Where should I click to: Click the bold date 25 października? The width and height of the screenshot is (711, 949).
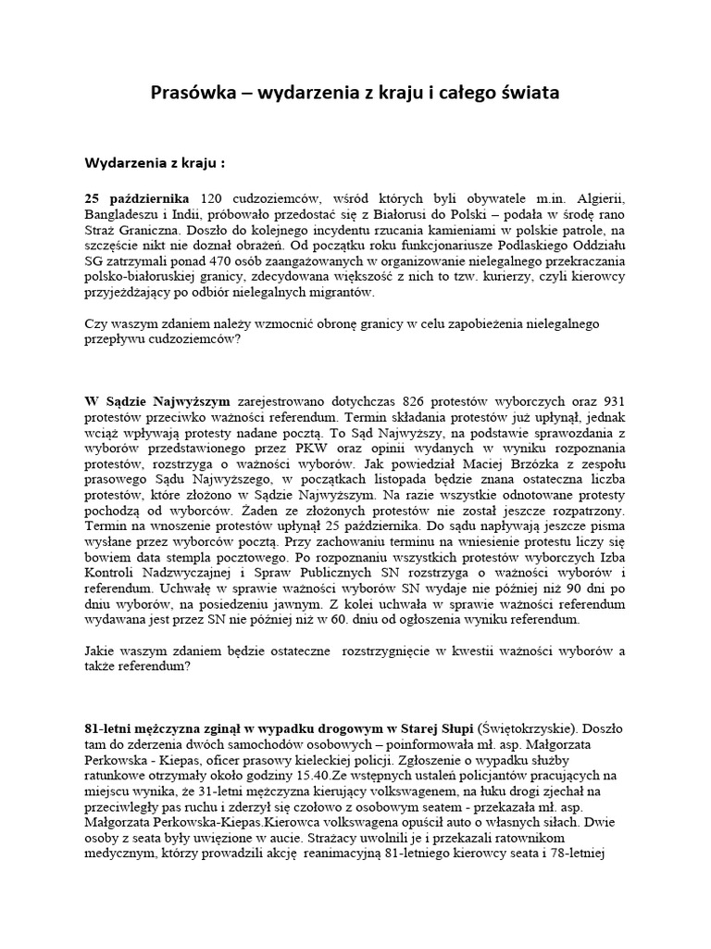(x=137, y=199)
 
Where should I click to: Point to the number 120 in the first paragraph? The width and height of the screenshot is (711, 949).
(x=212, y=199)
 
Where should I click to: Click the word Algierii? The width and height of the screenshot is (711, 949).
(x=601, y=199)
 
